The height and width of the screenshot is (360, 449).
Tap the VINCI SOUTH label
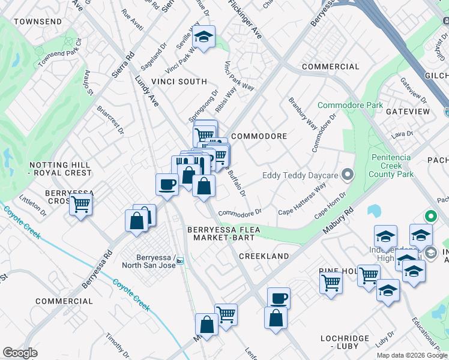click(x=179, y=82)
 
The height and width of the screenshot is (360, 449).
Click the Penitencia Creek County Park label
click(x=391, y=166)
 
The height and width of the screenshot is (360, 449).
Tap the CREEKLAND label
click(x=264, y=256)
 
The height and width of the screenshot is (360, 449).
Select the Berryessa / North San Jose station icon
click(x=179, y=260)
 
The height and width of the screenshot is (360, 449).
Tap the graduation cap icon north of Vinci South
click(x=204, y=37)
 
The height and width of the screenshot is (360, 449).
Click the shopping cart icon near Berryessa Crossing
click(x=80, y=204)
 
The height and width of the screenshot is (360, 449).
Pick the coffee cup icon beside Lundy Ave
click(x=167, y=184)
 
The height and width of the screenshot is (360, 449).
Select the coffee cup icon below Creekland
click(x=279, y=298)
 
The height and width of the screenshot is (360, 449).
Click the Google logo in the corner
click(x=20, y=353)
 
